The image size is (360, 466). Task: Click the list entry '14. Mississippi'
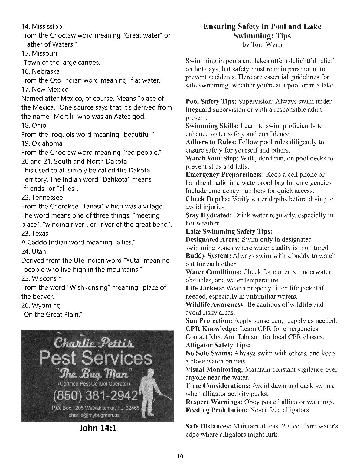[x=42, y=26]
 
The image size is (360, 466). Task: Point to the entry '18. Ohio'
[x=34, y=126]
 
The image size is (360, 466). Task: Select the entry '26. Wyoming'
[x=41, y=306]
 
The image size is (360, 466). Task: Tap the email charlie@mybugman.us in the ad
[x=94, y=415]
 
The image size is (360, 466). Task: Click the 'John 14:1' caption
[x=98, y=428]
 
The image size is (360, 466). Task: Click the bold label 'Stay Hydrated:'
[x=209, y=215]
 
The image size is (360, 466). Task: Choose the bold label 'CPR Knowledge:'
[x=211, y=329]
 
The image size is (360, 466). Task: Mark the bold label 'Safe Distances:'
[x=208, y=426]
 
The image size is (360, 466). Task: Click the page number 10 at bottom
[x=180, y=456]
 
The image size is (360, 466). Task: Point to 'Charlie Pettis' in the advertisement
[x=94, y=343]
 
